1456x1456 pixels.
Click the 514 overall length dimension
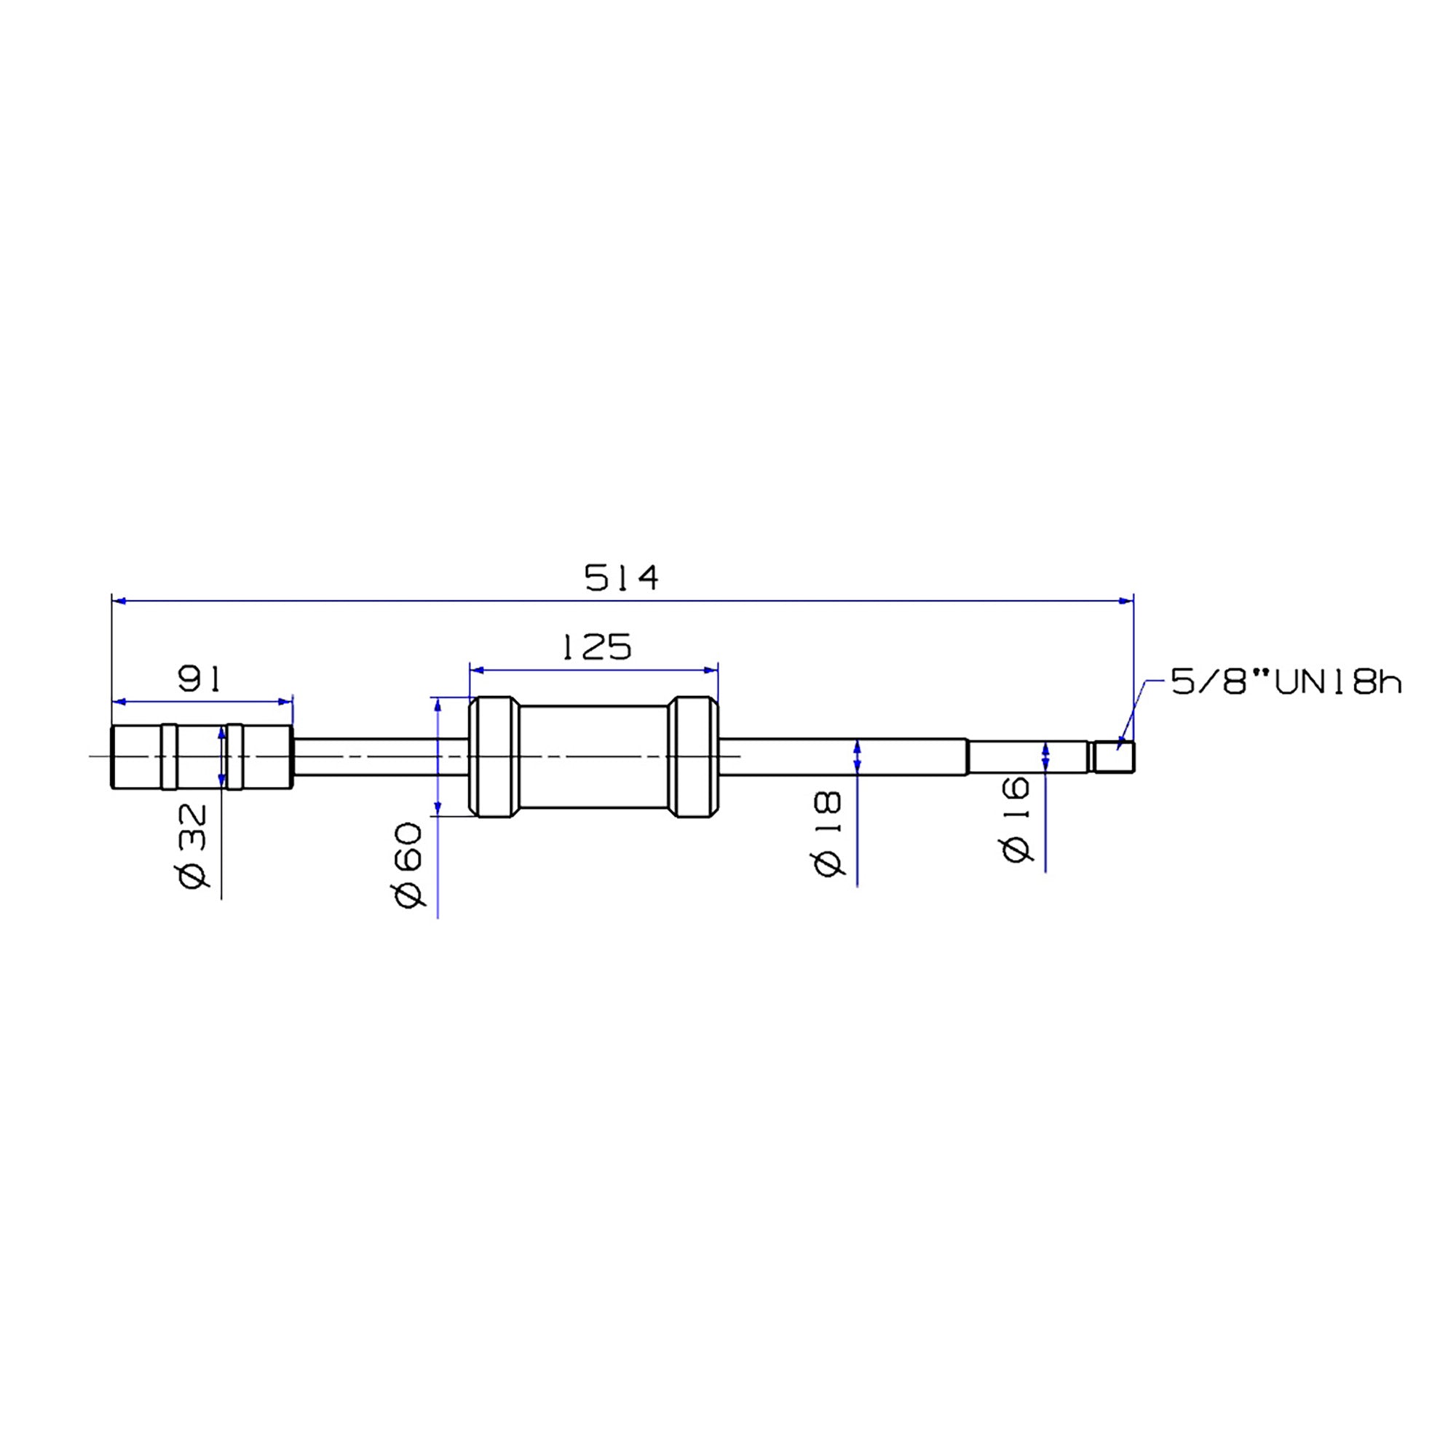(621, 578)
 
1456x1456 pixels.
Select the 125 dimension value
(598, 647)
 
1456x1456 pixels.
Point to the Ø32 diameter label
(192, 845)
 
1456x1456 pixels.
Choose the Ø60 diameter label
(408, 864)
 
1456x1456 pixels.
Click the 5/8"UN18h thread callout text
(1286, 684)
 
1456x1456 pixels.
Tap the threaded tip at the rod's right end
(1115, 756)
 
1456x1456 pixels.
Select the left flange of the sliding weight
(494, 756)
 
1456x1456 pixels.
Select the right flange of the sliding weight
(693, 756)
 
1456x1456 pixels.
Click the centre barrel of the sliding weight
(594, 756)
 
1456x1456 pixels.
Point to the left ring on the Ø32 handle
(170, 756)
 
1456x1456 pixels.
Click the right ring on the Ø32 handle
(235, 756)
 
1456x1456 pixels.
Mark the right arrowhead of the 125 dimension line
(711, 670)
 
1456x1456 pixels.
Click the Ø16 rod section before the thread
(1028, 756)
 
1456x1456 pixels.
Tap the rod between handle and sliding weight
(381, 756)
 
